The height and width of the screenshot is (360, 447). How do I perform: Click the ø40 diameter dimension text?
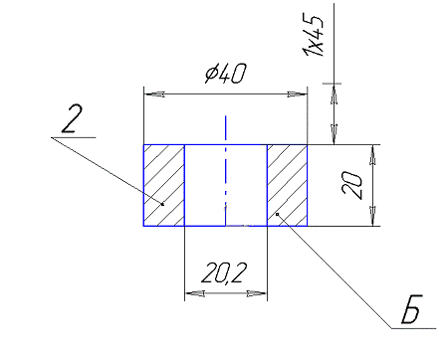coord(226,74)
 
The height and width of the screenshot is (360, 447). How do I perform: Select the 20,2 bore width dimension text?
coord(224,273)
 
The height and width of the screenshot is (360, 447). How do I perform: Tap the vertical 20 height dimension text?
coord(351,185)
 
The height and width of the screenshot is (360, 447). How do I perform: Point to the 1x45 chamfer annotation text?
coord(313,36)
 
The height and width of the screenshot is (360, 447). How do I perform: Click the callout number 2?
coord(72,119)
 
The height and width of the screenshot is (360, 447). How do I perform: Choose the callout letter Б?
coord(411,309)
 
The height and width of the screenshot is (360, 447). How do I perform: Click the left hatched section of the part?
coord(164,185)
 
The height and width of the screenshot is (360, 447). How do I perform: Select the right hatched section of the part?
coord(288,185)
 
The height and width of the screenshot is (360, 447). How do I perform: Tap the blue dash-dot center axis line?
coord(226,171)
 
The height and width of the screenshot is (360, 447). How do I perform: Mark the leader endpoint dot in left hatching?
coord(162,204)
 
